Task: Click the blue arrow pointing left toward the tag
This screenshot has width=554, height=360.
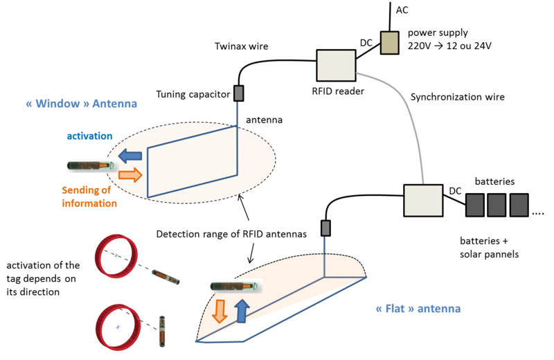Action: [129, 156]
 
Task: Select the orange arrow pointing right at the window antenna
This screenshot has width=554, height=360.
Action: [130, 174]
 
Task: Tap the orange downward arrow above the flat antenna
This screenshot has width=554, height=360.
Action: [219, 311]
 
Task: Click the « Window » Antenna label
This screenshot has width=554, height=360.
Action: [82, 104]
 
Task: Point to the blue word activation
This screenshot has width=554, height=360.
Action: [89, 136]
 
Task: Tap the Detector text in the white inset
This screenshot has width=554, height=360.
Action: [170, 235]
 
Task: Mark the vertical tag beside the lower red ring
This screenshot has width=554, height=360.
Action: [162, 332]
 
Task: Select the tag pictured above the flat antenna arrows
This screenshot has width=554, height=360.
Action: [234, 285]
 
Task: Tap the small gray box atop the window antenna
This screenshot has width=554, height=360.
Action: [238, 93]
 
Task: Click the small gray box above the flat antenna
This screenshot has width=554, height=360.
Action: [325, 228]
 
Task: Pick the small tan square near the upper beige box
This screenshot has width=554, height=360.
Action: [390, 43]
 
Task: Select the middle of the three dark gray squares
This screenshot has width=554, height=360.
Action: [497, 205]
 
